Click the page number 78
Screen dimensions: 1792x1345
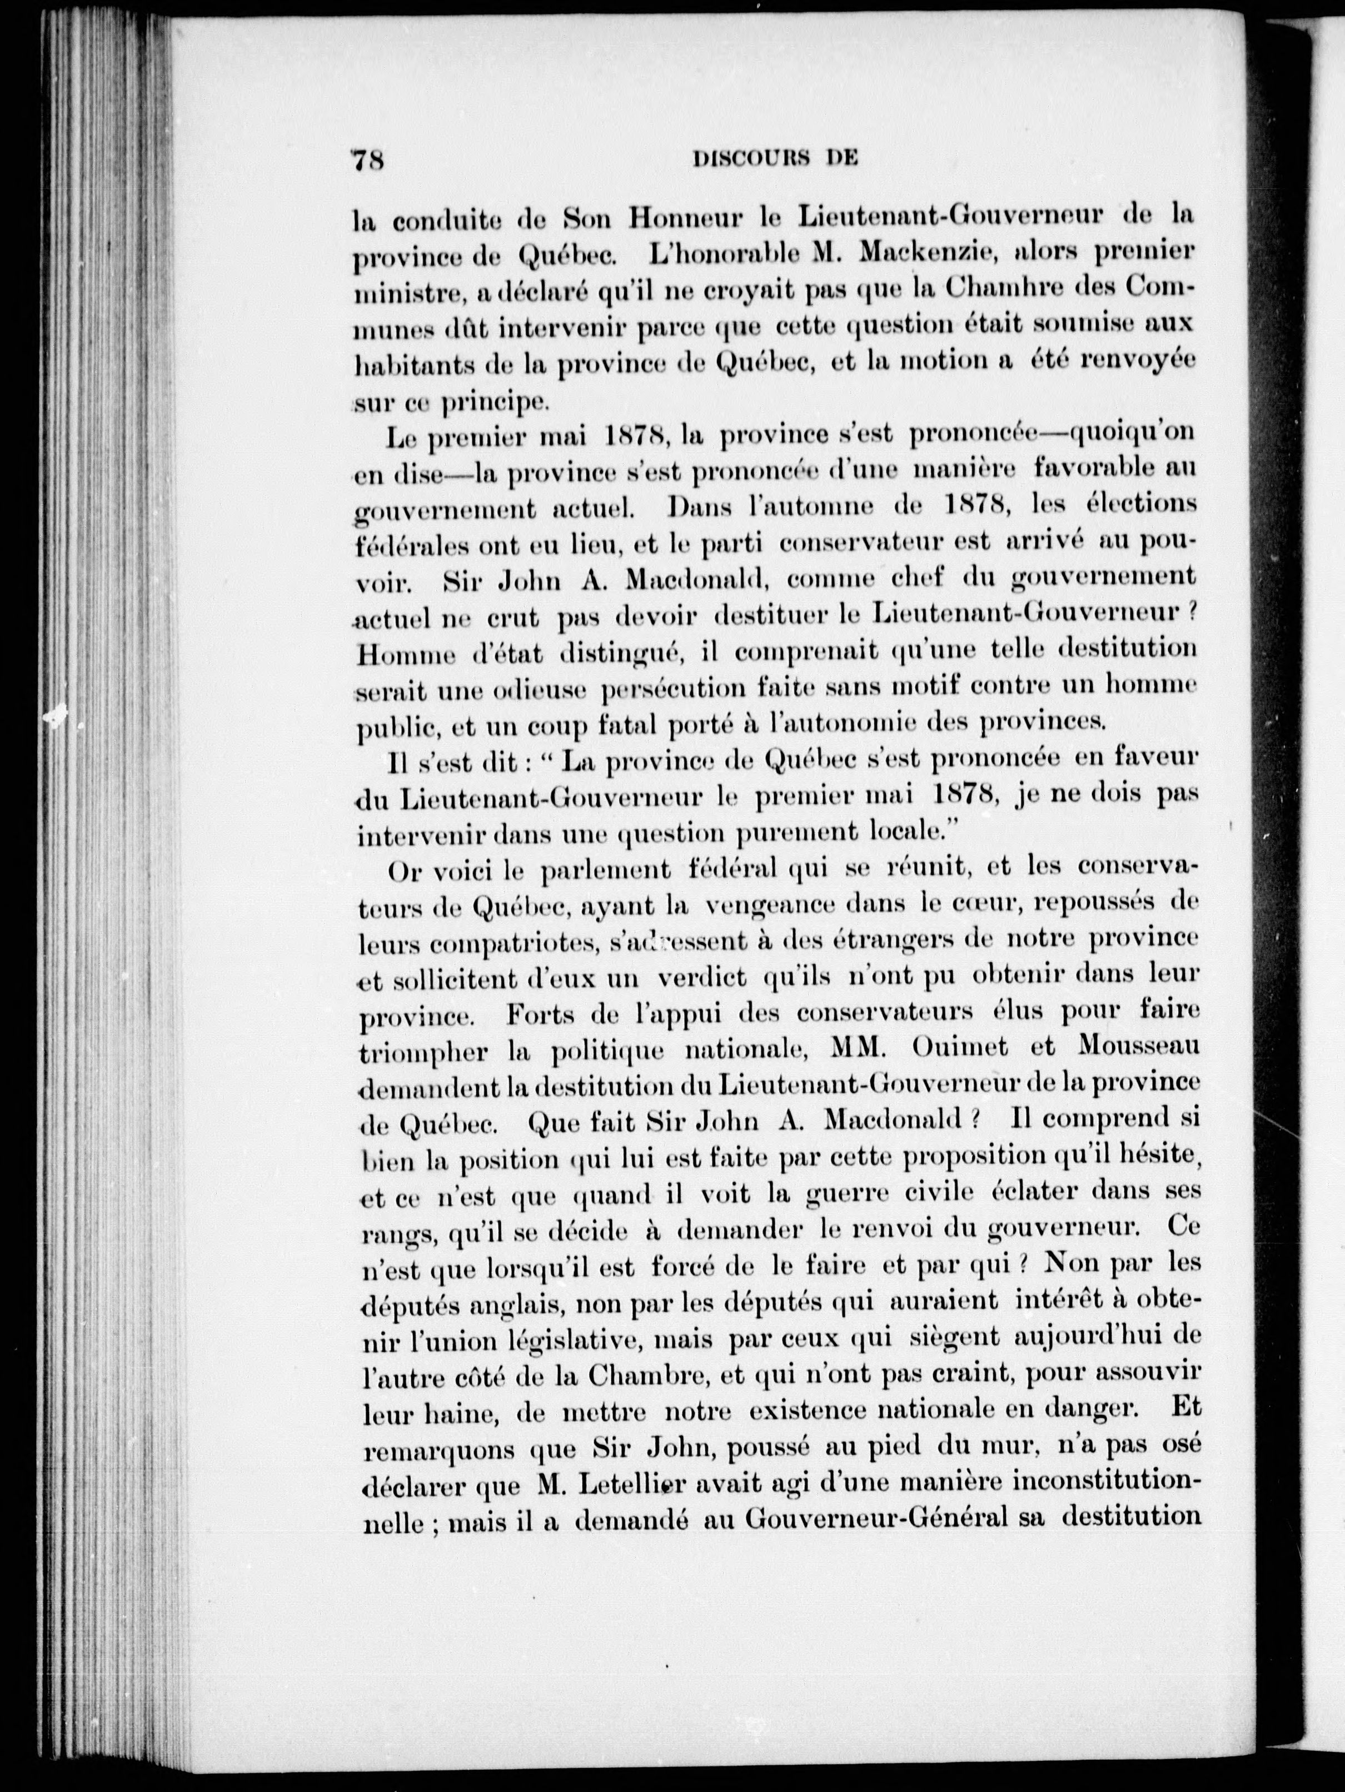point(368,160)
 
